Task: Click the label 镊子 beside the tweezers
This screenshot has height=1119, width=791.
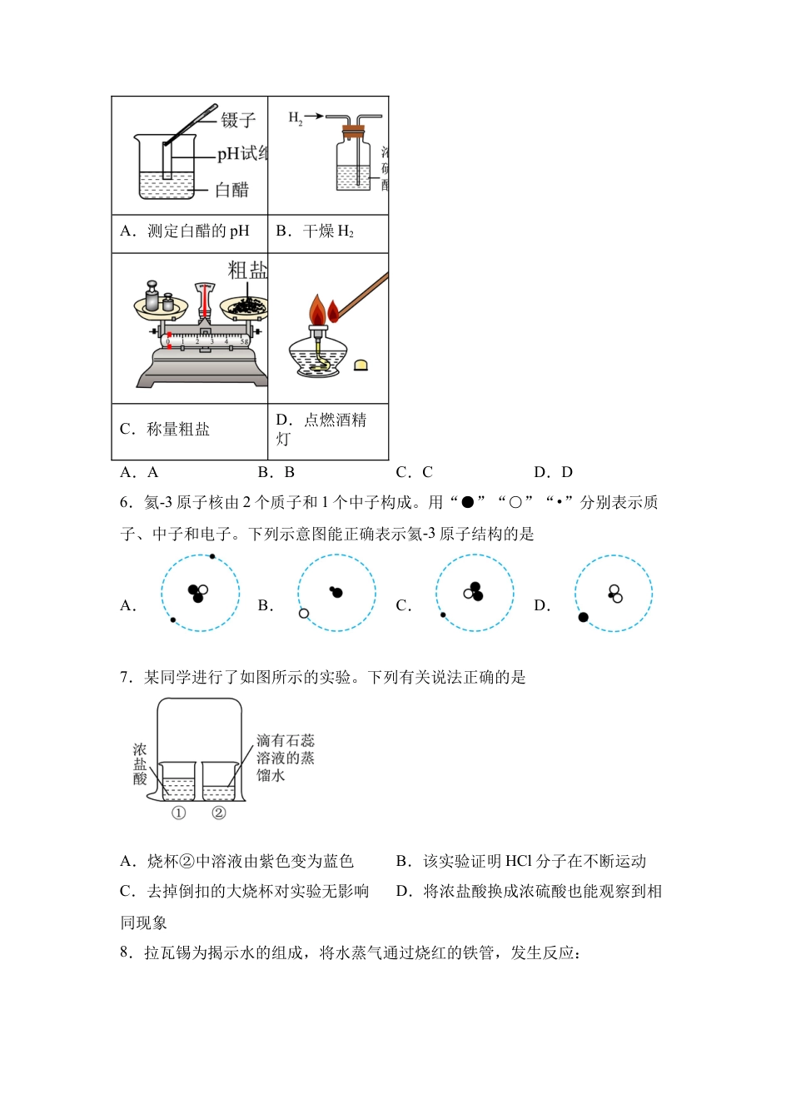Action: pyautogui.click(x=238, y=121)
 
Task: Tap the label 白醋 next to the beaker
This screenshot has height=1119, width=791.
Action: pyautogui.click(x=232, y=190)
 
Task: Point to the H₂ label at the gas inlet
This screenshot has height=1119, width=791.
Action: pyautogui.click(x=296, y=118)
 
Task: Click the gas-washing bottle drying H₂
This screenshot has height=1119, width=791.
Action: pyautogui.click(x=354, y=162)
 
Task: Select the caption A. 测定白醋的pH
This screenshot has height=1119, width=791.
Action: pyautogui.click(x=185, y=231)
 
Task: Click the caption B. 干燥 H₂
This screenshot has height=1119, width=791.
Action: pyautogui.click(x=315, y=231)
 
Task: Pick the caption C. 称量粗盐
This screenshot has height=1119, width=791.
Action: pyautogui.click(x=165, y=430)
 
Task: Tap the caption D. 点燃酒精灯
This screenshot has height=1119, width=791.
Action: pyautogui.click(x=321, y=429)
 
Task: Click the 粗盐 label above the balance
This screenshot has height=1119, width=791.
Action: pyautogui.click(x=248, y=271)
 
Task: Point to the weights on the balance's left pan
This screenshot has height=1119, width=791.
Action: pyautogui.click(x=159, y=299)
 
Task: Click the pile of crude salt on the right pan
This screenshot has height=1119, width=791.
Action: pyautogui.click(x=247, y=306)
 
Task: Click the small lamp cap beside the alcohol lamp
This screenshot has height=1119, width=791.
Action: pyautogui.click(x=361, y=365)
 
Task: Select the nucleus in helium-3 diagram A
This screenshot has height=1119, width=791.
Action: pyautogui.click(x=197, y=593)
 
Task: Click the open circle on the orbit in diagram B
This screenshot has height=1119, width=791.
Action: pyautogui.click(x=304, y=614)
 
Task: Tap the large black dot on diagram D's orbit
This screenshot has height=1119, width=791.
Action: pyautogui.click(x=583, y=617)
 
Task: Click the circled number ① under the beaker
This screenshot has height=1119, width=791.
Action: pyautogui.click(x=178, y=813)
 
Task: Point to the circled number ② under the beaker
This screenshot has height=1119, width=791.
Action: pyautogui.click(x=218, y=813)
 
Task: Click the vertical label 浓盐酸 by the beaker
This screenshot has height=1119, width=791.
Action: pyautogui.click(x=140, y=764)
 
